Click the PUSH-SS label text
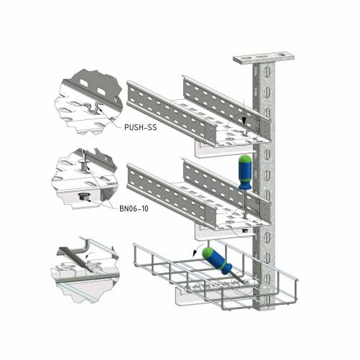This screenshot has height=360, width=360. [141, 127]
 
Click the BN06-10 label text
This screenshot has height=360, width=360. [134, 208]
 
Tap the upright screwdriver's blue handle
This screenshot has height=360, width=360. [244, 175]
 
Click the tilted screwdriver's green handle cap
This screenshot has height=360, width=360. [208, 253]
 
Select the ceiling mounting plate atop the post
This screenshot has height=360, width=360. [264, 58]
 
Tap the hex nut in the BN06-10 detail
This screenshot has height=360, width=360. [84, 198]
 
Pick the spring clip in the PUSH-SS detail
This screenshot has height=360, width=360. [94, 109]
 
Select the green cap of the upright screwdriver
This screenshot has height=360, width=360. [245, 159]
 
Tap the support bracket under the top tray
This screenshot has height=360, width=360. [224, 150]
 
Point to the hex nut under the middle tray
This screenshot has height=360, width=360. [245, 231]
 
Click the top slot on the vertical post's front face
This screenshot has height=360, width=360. [267, 71]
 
